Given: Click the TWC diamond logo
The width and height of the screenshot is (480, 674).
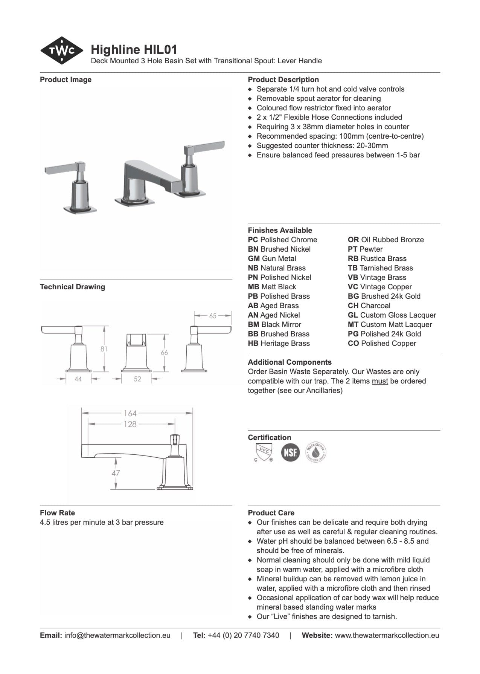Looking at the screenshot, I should tap(61, 50).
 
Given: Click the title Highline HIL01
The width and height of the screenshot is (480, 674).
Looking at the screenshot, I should tap(134, 49).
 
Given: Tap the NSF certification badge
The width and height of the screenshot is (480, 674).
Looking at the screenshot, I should tap(290, 452).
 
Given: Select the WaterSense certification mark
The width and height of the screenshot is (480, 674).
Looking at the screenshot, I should tap(316, 452).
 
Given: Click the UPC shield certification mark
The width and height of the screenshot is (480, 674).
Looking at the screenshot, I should tap(263, 452).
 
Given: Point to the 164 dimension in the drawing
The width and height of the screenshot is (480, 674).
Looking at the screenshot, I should tap(130, 413).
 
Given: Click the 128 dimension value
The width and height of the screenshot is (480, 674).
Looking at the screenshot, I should tap(130, 424).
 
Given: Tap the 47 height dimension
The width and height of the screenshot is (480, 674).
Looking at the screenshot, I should tap(116, 473).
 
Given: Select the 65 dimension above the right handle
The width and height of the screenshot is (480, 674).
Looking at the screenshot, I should tap(213, 316).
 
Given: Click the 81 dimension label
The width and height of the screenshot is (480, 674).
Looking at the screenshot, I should tap(104, 349).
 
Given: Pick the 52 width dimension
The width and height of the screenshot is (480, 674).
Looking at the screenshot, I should tap(137, 379).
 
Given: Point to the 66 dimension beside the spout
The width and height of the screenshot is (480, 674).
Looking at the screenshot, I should tap(164, 353).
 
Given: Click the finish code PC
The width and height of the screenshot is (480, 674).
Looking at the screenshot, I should tap(253, 240).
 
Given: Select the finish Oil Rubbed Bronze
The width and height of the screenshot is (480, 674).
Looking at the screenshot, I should tap(392, 240).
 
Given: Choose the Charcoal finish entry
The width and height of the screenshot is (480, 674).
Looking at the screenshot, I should tap(375, 306).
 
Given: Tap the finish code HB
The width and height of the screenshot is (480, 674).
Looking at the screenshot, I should tap(253, 343).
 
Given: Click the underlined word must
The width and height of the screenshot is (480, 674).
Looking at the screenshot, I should tap(379, 381).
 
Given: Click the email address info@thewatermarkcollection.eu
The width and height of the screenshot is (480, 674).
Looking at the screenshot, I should tap(117, 635).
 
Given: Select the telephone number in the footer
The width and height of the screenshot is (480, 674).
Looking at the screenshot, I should tap(243, 635).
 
